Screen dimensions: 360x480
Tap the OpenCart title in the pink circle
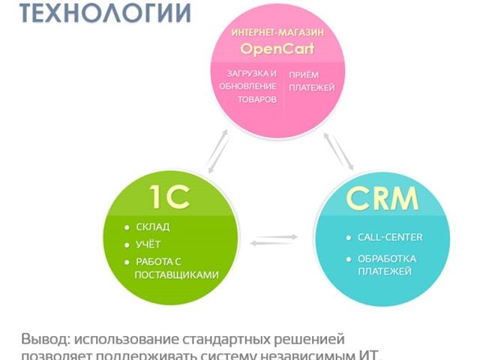[277, 49]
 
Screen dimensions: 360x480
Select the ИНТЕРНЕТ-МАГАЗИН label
[277, 33]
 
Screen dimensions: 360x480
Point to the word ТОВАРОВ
[257, 99]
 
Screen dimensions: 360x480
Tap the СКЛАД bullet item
[153, 226]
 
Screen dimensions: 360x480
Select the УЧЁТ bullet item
[148, 244]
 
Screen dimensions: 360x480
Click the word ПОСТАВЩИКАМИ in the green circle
[177, 274]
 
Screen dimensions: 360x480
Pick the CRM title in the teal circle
[382, 199]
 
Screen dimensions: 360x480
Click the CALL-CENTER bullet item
[390, 237]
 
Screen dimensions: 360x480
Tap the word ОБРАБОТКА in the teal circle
[387, 259]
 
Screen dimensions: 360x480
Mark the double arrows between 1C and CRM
[274, 240]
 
